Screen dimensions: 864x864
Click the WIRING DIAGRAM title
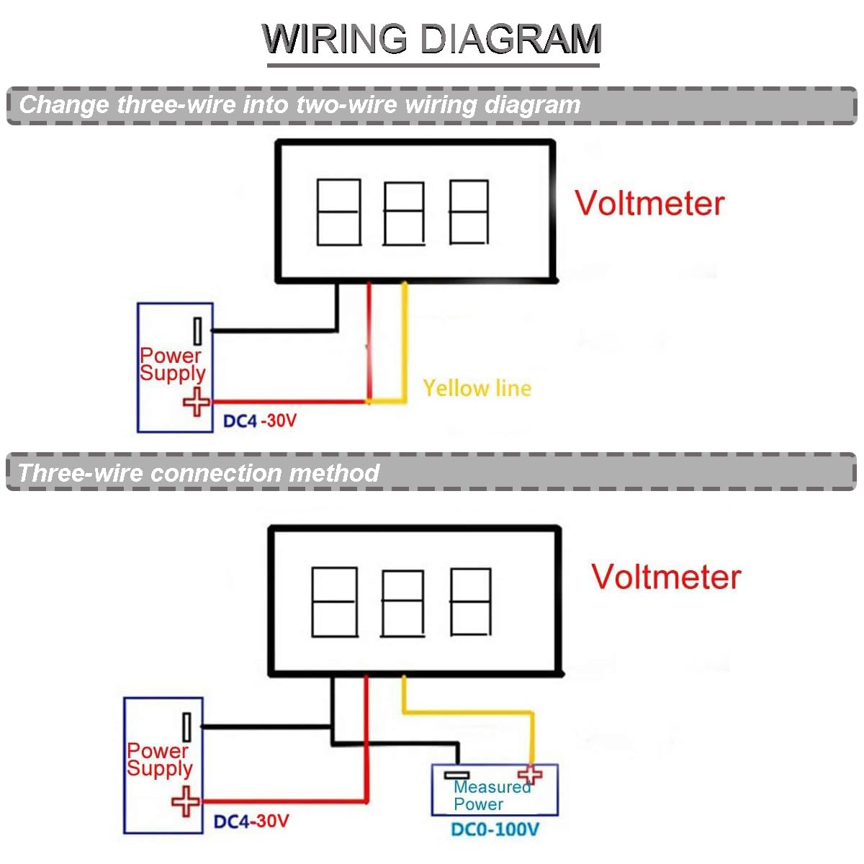pos(432,39)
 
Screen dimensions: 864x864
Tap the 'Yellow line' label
pos(477,388)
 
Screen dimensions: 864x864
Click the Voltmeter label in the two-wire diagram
pos(649,203)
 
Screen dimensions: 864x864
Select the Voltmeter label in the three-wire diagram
pos(666,577)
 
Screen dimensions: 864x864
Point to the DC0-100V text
pos(495,829)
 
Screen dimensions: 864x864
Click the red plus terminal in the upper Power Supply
pos(196,402)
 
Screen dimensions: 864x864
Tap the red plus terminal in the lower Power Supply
pos(186,801)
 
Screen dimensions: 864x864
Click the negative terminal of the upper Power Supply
pos(197,332)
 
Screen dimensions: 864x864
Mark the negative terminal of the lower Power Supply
pos(186,727)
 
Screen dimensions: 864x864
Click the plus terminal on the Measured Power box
pos(531,774)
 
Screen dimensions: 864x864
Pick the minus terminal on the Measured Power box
pos(456,775)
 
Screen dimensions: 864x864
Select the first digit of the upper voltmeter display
pos(338,212)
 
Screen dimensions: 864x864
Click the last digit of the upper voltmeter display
pos(469,212)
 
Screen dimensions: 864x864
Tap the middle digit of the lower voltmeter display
pos(402,603)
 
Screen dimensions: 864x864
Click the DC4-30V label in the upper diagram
pos(260,420)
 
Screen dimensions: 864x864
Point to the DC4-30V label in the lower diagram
pos(251,821)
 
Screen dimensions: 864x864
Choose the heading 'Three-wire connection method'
pos(198,473)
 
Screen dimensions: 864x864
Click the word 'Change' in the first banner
pos(64,105)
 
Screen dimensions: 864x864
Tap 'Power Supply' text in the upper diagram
pos(172,364)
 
